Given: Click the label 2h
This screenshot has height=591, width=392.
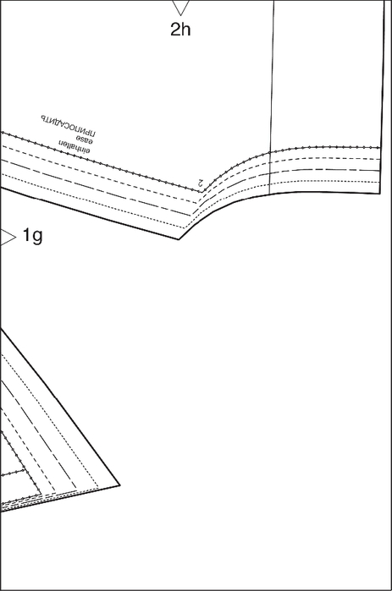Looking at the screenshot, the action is click(180, 30).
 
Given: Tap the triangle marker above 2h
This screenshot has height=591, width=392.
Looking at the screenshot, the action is click(180, 8).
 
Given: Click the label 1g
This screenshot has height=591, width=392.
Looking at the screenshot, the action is click(32, 236).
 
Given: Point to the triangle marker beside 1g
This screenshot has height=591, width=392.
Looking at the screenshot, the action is click(8, 238).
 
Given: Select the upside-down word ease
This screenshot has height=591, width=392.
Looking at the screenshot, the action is click(84, 140).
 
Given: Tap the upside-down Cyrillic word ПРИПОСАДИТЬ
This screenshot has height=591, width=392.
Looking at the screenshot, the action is click(68, 125).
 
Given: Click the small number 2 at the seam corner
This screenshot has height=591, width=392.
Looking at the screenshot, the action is click(201, 183).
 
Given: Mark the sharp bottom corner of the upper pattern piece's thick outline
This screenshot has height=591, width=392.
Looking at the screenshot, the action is click(179, 239).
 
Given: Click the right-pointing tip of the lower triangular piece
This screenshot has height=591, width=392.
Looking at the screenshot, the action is click(120, 485).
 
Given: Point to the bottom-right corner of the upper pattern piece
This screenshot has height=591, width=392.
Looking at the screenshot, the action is click(380, 194).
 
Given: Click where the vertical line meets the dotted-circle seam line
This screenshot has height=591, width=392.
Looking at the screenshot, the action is click(270, 152).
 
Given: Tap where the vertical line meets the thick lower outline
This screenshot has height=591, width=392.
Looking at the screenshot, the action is click(269, 194).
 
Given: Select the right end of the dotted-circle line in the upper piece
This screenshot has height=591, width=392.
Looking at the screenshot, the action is click(380, 147).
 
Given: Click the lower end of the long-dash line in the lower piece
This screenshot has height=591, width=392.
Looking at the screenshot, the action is click(76, 489).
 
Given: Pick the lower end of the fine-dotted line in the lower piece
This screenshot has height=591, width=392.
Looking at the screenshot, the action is click(99, 489).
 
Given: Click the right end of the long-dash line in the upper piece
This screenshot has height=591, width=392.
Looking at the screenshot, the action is click(380, 171).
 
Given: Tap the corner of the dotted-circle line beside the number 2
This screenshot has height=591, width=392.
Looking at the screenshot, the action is click(202, 192).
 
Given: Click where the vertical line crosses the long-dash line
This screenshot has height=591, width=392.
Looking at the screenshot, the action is click(270, 173).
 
